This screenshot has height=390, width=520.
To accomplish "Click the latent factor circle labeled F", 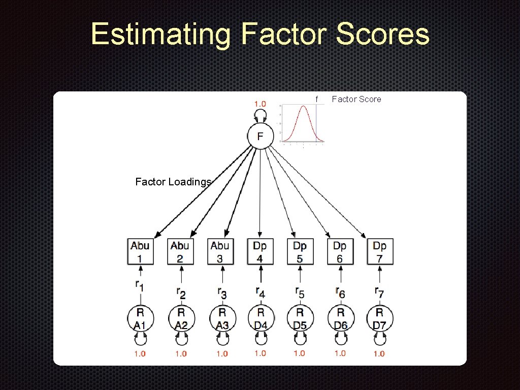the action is point(260,136).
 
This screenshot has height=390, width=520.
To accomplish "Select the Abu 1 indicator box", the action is point(140,252).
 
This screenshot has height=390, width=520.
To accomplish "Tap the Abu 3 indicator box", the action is point(220,252).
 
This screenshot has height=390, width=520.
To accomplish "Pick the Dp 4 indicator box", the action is point(260,252).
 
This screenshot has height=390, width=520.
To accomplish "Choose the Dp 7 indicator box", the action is point(380,252).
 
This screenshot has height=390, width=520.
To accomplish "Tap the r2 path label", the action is point(181,293).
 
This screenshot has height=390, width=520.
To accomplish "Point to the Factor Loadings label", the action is point(173,182).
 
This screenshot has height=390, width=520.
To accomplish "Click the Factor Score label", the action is point(356,99).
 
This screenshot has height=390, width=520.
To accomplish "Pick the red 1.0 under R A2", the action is point(181,353).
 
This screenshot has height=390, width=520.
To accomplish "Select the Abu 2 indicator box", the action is point(180,252).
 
